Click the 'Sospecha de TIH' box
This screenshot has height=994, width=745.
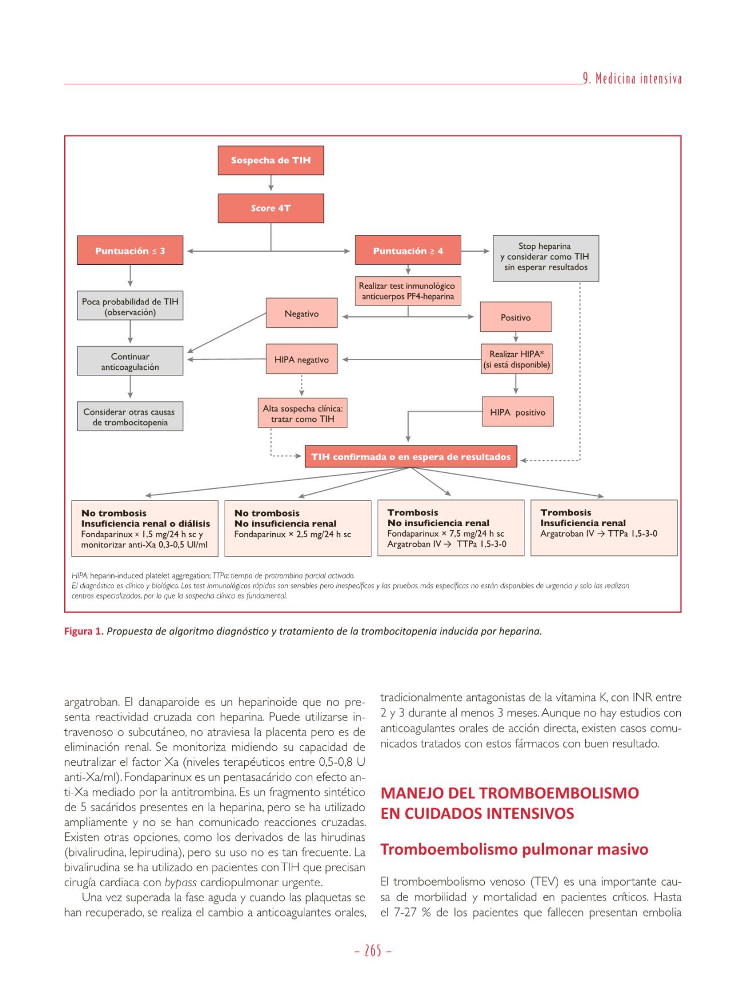pos(270,161)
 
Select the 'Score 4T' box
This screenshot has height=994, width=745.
pos(270,208)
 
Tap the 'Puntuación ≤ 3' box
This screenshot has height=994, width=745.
pos(130,251)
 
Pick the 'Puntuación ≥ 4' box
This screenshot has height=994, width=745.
pos(407,251)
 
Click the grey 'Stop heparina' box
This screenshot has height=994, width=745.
pos(546,257)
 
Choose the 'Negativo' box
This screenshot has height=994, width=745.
pos(301,314)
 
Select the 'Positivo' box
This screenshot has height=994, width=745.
pos(515,318)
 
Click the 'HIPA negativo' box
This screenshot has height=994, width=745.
pos(301,360)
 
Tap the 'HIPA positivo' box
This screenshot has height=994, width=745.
pos(517,412)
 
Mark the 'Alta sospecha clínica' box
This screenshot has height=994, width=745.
pos(303,414)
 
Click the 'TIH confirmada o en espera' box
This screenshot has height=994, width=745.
pos(410,457)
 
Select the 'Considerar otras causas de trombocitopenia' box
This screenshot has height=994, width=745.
pos(130,417)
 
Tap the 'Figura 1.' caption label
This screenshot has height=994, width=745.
pos(84,631)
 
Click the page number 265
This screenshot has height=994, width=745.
pos(372,951)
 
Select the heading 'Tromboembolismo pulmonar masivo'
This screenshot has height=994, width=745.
pos(514,849)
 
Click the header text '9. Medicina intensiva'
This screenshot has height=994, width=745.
pos(632,79)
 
